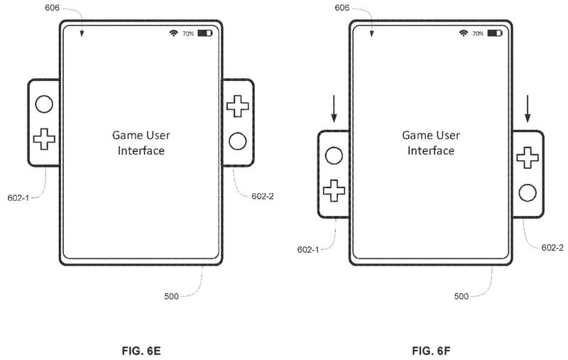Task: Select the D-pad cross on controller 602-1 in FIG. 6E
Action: [44, 138]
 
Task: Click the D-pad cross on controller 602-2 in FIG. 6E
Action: [236, 107]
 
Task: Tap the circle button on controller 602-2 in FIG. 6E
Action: [237, 141]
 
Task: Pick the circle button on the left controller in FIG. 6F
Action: [333, 155]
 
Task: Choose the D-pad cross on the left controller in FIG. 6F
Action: [334, 190]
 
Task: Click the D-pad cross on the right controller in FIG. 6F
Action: [526, 157]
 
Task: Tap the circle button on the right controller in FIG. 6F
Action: [527, 192]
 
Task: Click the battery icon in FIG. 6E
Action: [204, 33]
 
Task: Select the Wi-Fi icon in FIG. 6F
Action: [464, 33]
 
